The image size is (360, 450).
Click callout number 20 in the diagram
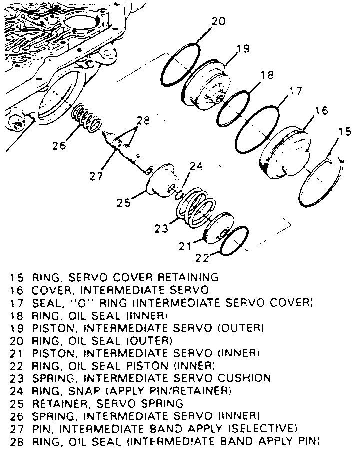[218, 22]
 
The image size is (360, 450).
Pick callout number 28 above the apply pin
[143, 120]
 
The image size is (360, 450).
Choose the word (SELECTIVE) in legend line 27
[263, 428]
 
